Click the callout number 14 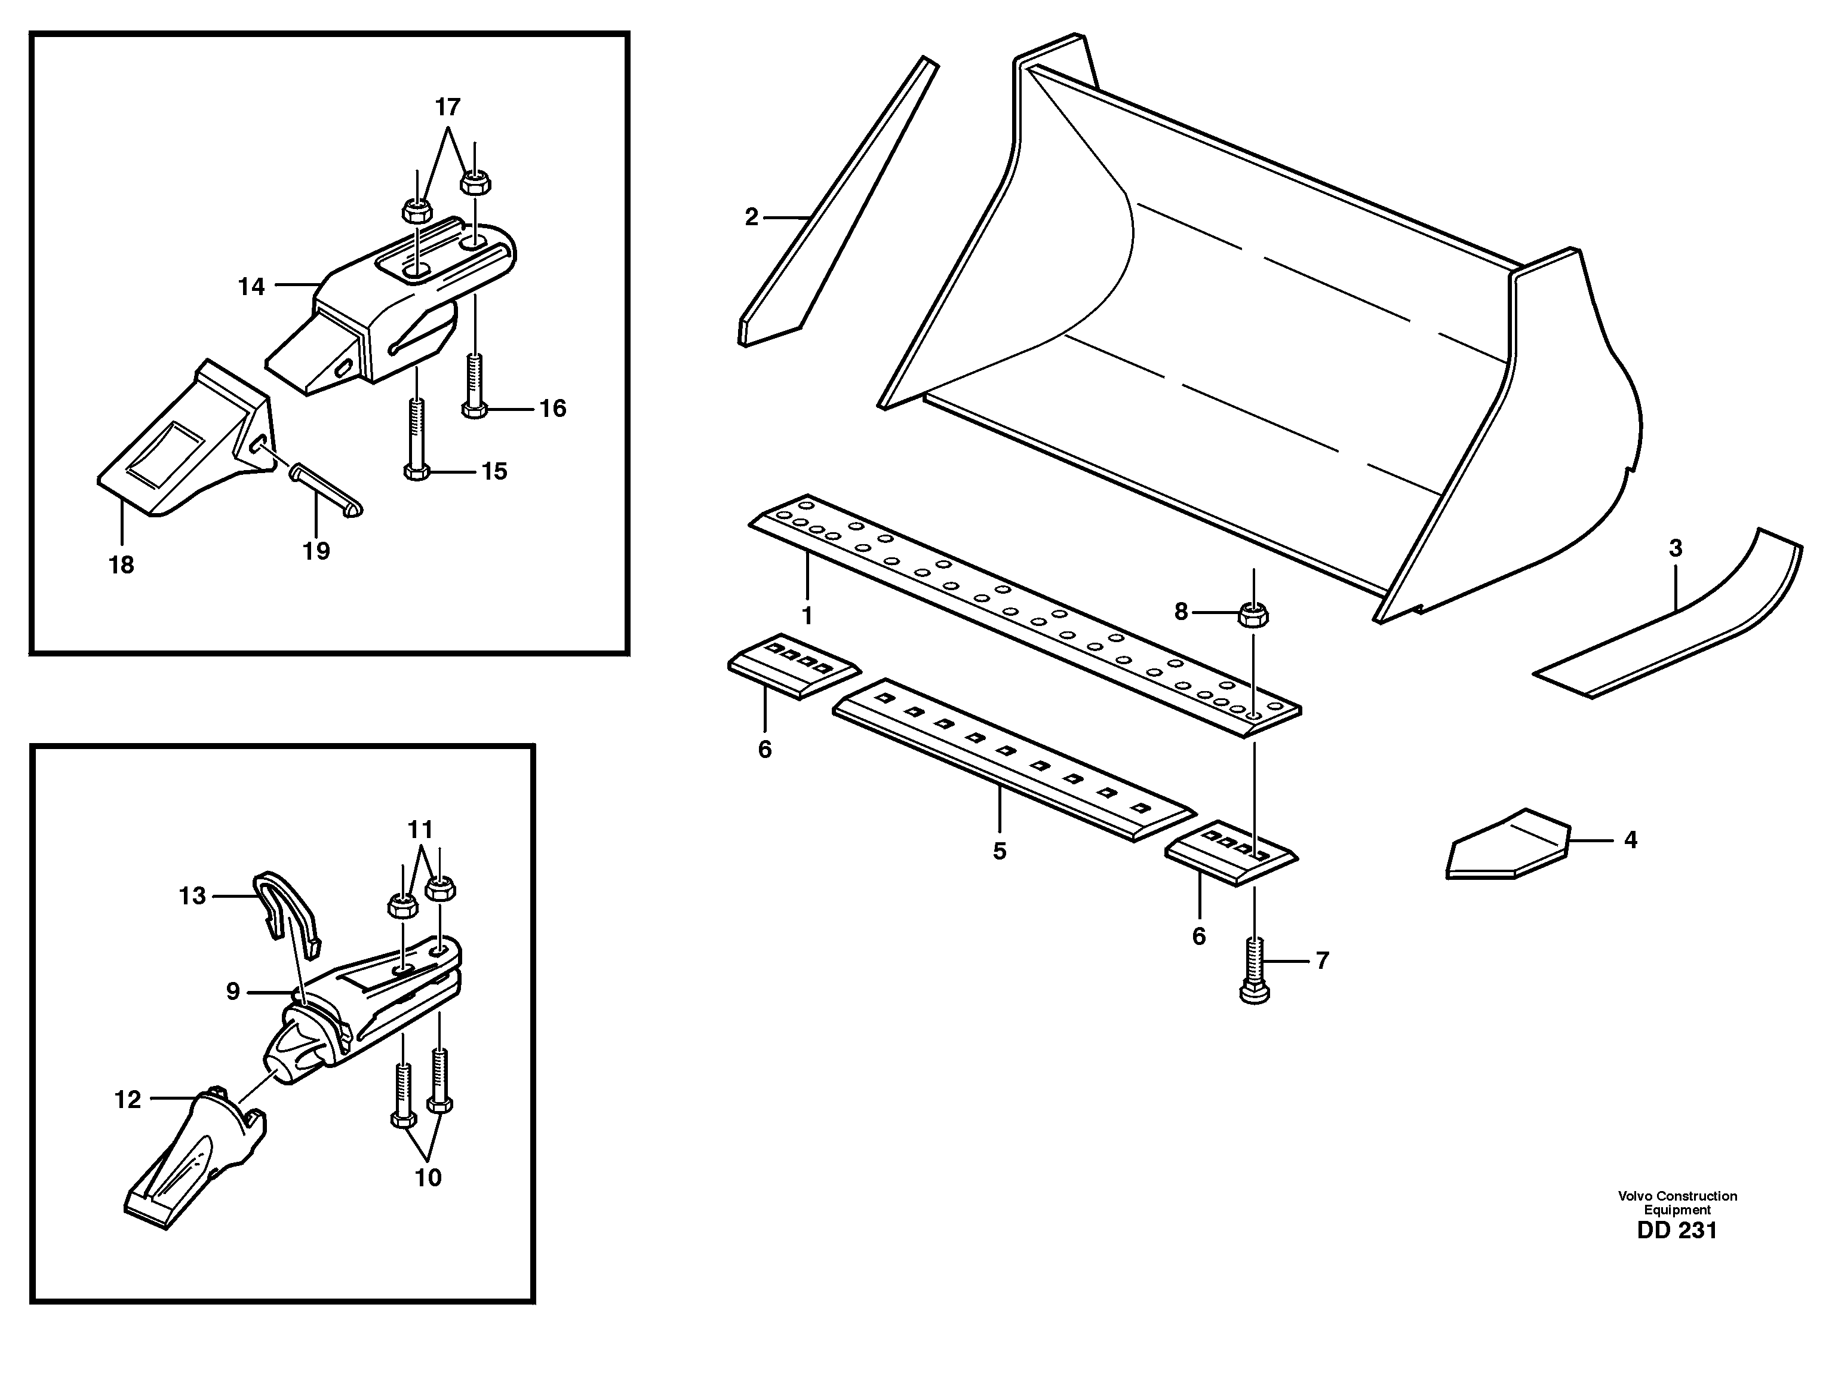251,287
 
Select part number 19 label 315,551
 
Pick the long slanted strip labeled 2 834,198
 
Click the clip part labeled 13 285,909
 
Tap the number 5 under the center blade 999,851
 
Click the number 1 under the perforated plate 807,616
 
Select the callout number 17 447,108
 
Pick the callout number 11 420,829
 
